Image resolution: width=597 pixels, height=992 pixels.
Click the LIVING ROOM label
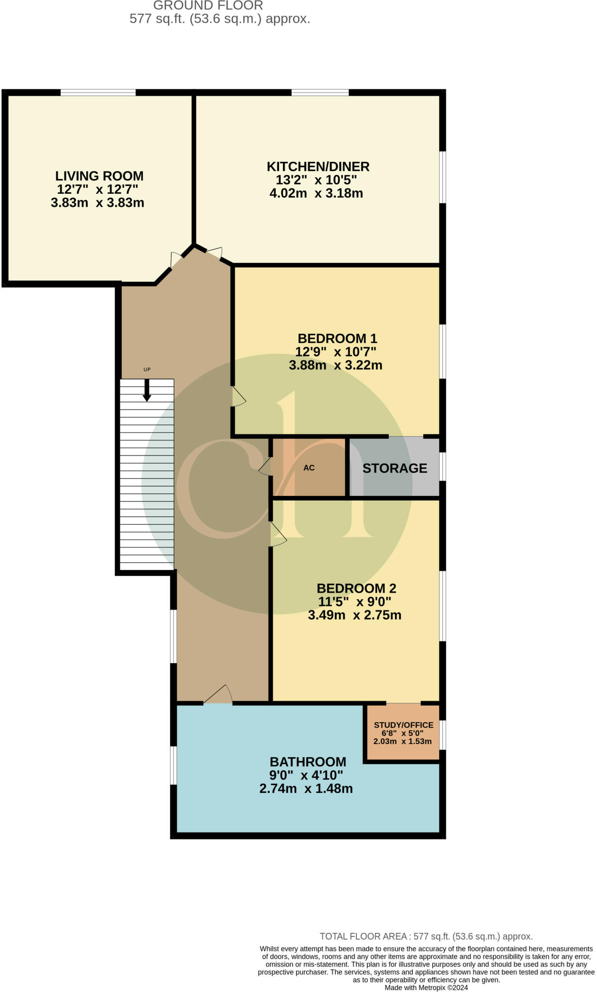[99, 176]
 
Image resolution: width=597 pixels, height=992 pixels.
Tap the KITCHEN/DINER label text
[318, 167]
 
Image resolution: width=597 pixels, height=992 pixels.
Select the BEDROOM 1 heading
[337, 338]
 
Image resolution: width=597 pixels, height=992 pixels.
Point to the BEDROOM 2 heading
[356, 589]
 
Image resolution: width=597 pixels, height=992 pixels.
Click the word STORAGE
[394, 468]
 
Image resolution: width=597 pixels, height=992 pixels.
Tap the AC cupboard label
[309, 468]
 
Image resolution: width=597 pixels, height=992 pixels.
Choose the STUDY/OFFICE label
[403, 725]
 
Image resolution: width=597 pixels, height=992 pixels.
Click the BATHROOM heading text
[308, 761]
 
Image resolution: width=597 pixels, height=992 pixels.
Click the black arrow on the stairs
[147, 390]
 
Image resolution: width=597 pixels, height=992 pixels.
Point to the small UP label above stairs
[147, 370]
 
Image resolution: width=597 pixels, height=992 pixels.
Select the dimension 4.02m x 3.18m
[316, 194]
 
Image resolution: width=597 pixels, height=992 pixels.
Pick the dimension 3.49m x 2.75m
[354, 616]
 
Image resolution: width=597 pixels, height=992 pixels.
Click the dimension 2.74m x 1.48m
[306, 789]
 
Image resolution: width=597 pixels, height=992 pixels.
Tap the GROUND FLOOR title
[208, 6]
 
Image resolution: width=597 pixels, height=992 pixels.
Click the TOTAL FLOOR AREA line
[426, 936]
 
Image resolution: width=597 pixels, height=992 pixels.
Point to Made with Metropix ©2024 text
[426, 988]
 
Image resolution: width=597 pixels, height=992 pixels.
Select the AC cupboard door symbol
[265, 466]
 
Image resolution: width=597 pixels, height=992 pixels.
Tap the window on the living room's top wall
[98, 92]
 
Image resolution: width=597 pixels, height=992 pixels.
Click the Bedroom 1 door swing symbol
[238, 397]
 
